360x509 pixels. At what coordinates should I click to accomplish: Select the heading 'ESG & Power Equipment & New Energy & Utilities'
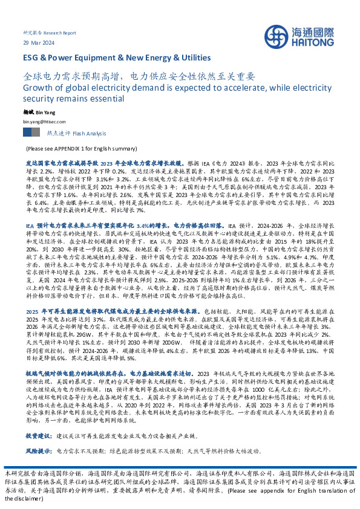(x=117, y=57)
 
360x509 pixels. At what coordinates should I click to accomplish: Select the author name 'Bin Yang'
(x=46, y=112)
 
